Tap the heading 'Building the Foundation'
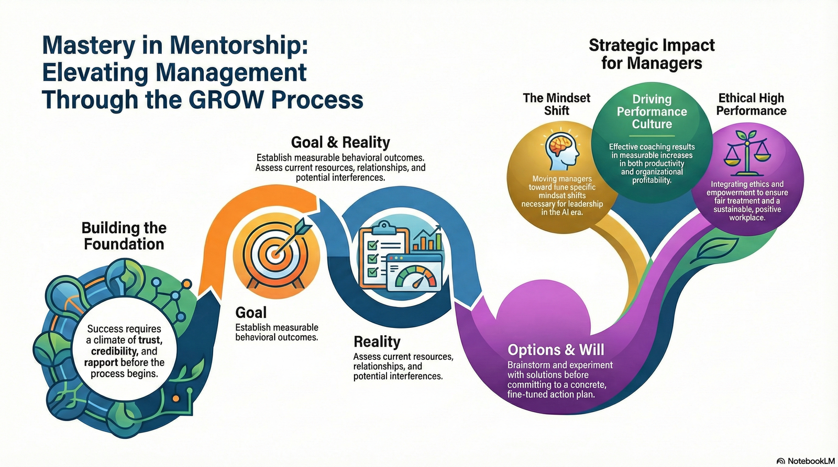(124, 236)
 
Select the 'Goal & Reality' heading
(340, 142)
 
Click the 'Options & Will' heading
(556, 349)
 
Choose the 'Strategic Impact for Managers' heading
(652, 54)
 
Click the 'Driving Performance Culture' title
(652, 111)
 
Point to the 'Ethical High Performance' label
(751, 104)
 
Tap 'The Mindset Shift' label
(556, 104)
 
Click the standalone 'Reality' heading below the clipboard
(377, 341)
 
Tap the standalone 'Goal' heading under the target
(251, 312)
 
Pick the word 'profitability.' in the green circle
(652, 180)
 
